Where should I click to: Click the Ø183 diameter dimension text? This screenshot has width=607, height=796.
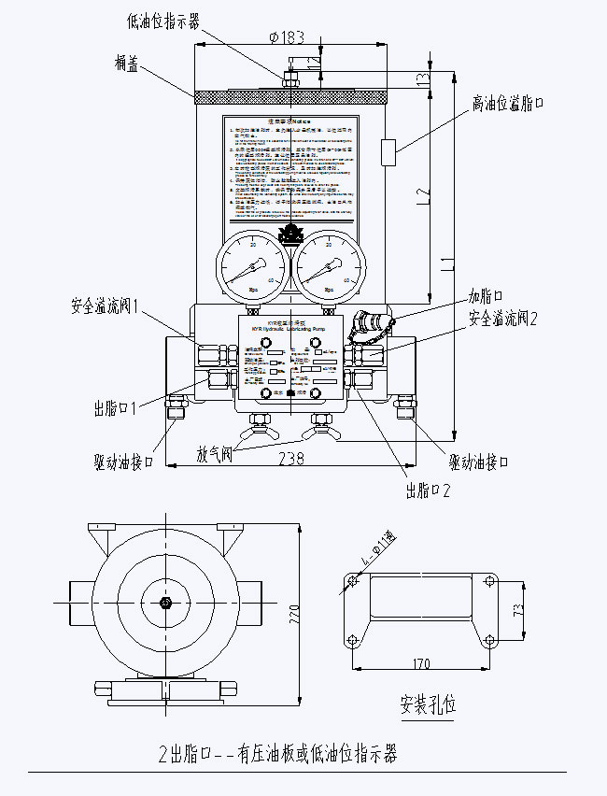click(286, 36)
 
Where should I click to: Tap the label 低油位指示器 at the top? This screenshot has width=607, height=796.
click(162, 19)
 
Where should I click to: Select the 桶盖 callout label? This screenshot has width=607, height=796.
click(127, 62)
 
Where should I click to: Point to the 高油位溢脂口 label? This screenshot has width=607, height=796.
click(507, 102)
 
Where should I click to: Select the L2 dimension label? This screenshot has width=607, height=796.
click(424, 195)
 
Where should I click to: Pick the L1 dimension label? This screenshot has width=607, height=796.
click(448, 252)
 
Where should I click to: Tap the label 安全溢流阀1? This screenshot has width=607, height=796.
click(105, 306)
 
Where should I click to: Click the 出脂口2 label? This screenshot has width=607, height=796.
click(428, 490)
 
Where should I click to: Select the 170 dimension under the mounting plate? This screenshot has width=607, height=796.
click(420, 664)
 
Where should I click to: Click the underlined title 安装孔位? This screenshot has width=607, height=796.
click(428, 703)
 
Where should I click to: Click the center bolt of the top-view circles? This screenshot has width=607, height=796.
click(164, 603)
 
